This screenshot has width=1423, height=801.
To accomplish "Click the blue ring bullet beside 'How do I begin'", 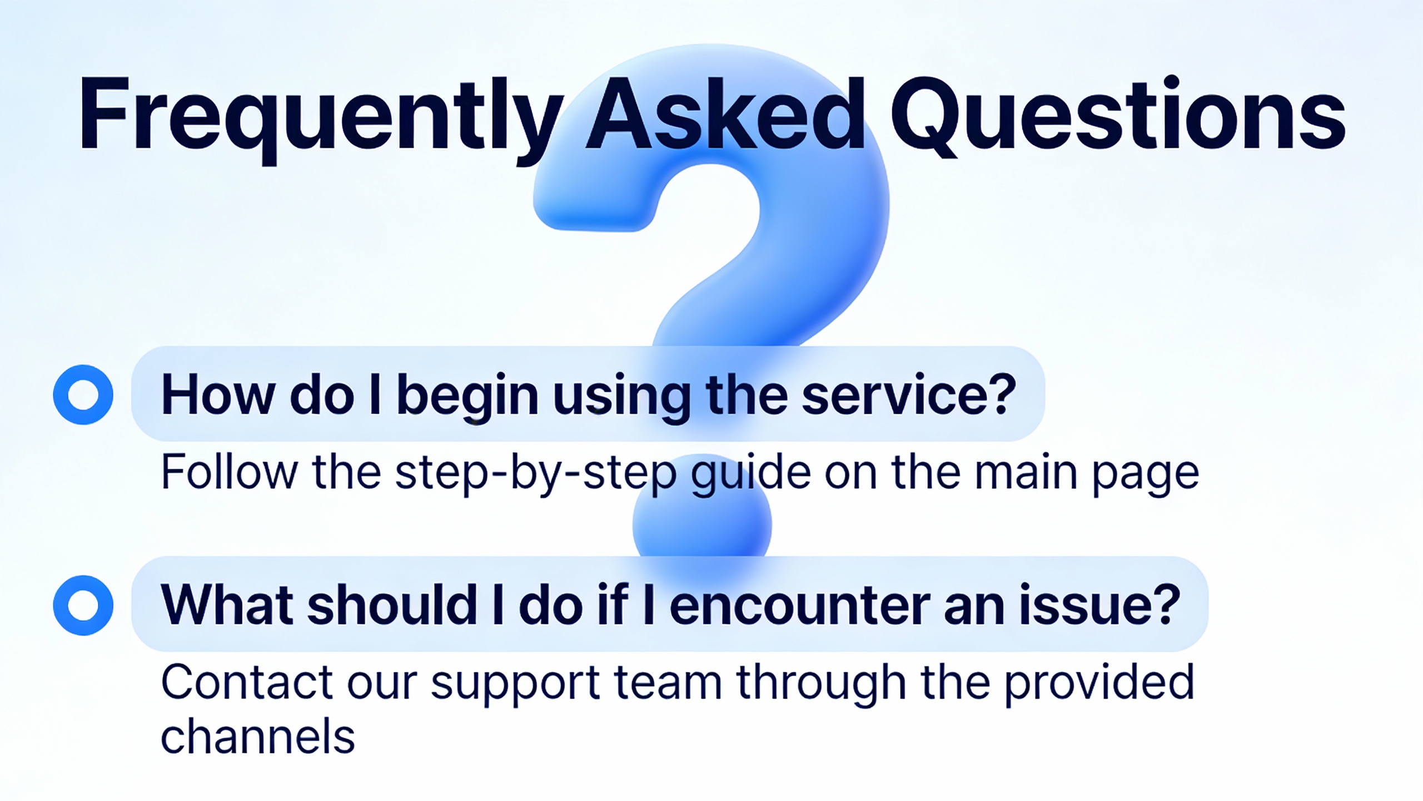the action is [83, 394].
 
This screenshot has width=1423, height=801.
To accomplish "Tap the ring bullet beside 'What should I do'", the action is [83, 605].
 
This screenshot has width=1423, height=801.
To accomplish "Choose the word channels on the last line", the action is [258, 735].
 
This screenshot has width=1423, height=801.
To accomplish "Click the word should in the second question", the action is [392, 605].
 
